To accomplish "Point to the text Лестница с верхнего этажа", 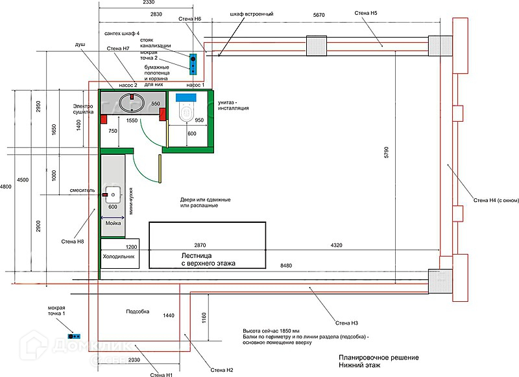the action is click(208, 259).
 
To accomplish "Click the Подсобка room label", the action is click(137, 312).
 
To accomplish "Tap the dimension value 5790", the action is click(386, 152).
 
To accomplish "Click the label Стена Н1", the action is click(161, 374).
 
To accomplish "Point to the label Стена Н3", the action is click(347, 323).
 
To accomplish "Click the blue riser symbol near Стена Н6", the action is click(193, 63).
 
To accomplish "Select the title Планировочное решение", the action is click(378, 358).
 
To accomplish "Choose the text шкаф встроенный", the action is click(251, 14).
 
